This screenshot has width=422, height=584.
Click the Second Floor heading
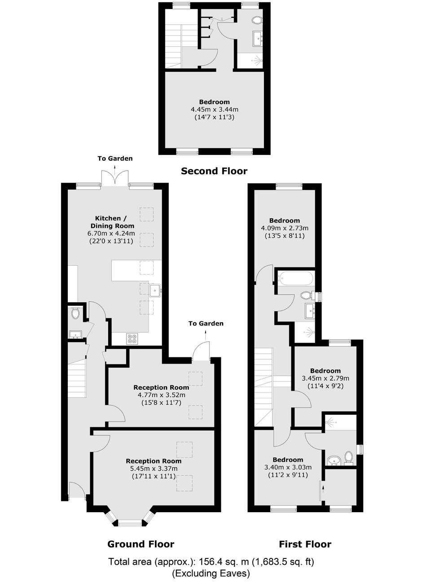pyautogui.click(x=214, y=171)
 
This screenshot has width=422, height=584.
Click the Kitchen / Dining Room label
pyautogui.click(x=112, y=222)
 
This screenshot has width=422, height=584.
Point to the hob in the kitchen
pyautogui.click(x=132, y=338)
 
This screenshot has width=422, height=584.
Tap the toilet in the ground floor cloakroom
pyautogui.click(x=75, y=313)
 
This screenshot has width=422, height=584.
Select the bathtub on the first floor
pyautogui.click(x=295, y=279)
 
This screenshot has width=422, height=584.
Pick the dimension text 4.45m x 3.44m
pyautogui.click(x=215, y=109)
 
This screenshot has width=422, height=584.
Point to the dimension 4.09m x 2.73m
pyautogui.click(x=285, y=228)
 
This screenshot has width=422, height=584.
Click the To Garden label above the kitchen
pyautogui.click(x=115, y=158)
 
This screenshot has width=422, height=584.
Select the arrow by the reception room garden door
pyautogui.click(x=206, y=335)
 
